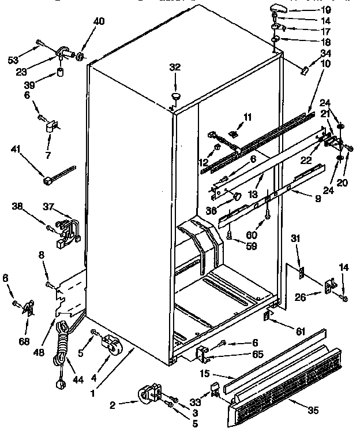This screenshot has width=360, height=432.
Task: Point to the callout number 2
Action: tap(112, 405)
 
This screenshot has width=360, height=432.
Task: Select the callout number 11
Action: tap(247, 117)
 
